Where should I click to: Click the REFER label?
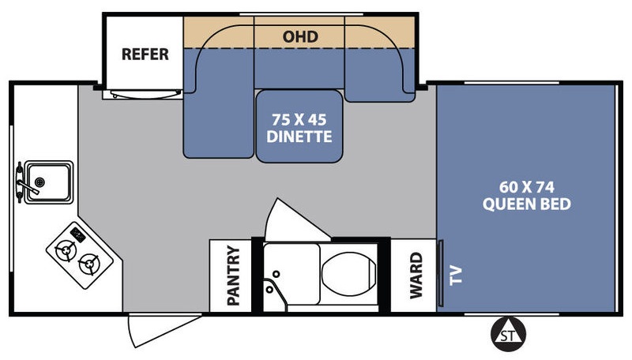point(145,54)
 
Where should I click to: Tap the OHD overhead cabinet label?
point(300,36)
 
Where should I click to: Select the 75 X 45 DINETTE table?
point(299,126)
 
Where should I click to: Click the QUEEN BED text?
point(526,204)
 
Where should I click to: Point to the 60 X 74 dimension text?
point(526,187)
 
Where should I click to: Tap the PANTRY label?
point(233,276)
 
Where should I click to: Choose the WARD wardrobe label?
point(416,276)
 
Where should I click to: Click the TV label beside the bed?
point(456,276)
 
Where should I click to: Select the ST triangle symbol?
point(508,334)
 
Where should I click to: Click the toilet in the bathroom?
point(348,274)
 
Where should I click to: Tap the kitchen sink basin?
point(48,182)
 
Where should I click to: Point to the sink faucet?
point(24,183)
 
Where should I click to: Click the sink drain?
point(39,182)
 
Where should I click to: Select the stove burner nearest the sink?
point(66,250)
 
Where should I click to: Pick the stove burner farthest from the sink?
point(89,264)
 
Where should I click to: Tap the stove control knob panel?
point(77,234)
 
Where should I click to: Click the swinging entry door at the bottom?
point(164,330)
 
